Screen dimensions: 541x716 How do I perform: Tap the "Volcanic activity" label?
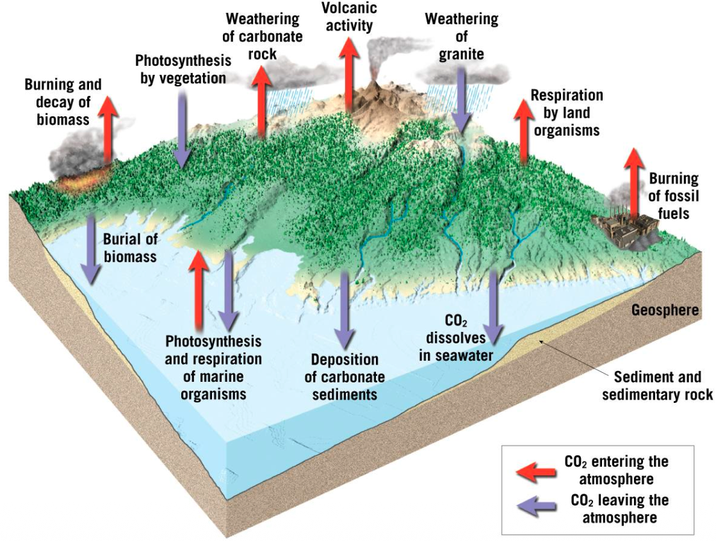click(x=349, y=17)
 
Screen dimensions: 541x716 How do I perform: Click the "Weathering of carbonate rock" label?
click(x=264, y=36)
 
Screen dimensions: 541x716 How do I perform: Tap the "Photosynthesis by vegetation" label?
click(x=183, y=70)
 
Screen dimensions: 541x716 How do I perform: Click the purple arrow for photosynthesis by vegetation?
click(x=183, y=128)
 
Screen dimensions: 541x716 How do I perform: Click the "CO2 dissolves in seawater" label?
click(x=457, y=337)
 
